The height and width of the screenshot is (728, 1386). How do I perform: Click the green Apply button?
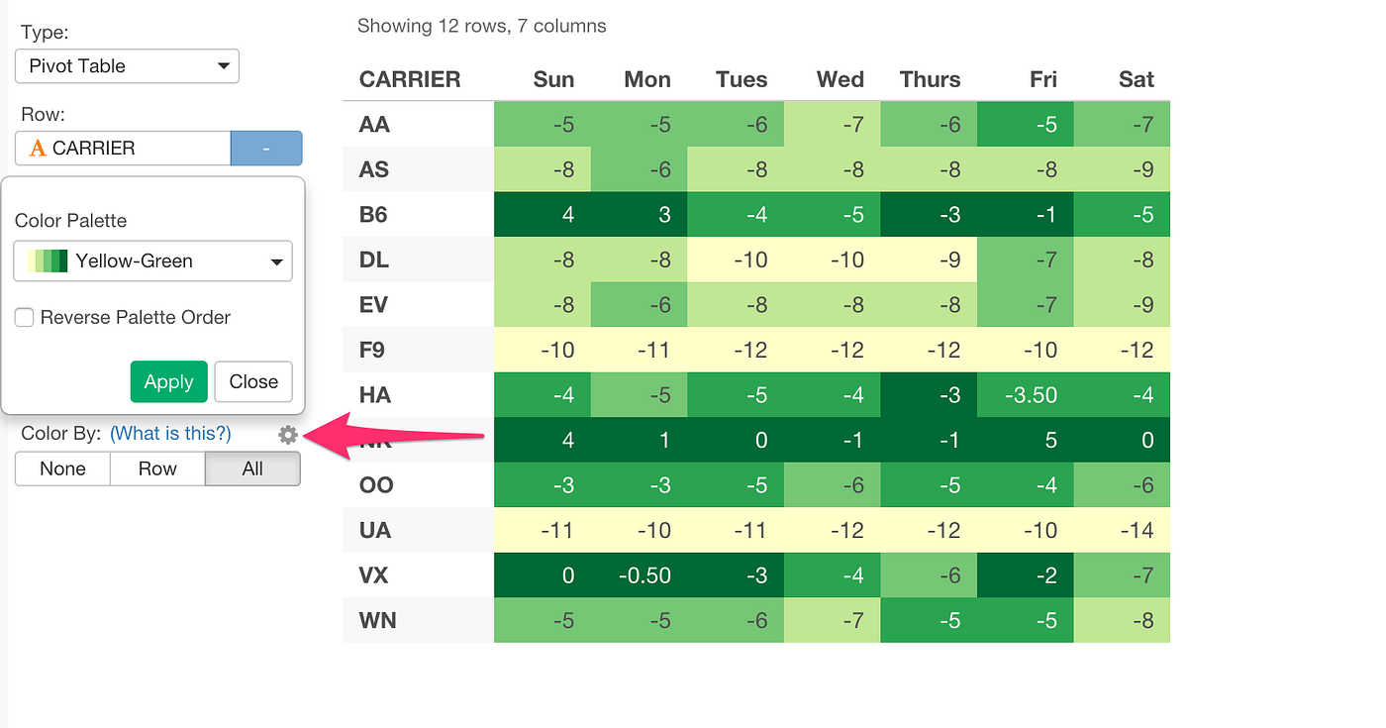pyautogui.click(x=168, y=381)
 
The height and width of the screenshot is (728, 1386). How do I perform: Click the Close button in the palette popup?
pyautogui.click(x=253, y=381)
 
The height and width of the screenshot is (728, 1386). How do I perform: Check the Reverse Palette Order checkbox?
pyautogui.click(x=25, y=318)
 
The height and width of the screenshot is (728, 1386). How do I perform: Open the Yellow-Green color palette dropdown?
pyautogui.click(x=153, y=261)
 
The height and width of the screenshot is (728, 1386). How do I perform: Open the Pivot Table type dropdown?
pyautogui.click(x=127, y=66)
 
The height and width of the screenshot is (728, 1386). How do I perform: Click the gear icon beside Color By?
pyautogui.click(x=288, y=434)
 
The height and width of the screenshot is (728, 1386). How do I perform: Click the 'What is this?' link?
pyautogui.click(x=170, y=434)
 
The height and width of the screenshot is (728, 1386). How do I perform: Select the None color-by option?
pyautogui.click(x=62, y=468)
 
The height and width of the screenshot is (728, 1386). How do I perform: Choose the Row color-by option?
pyautogui.click(x=157, y=468)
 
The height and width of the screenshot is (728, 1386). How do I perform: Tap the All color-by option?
pyautogui.click(x=252, y=468)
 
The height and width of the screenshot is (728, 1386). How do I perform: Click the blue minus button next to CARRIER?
pyautogui.click(x=265, y=149)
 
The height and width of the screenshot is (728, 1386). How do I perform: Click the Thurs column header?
pyautogui.click(x=930, y=79)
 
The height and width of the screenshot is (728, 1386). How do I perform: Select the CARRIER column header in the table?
pyautogui.click(x=410, y=79)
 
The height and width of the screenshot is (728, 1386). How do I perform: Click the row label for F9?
pyautogui.click(x=373, y=350)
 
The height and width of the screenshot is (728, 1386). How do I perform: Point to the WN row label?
pyautogui.click(x=377, y=620)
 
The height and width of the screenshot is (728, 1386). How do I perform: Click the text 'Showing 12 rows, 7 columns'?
pyautogui.click(x=481, y=26)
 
